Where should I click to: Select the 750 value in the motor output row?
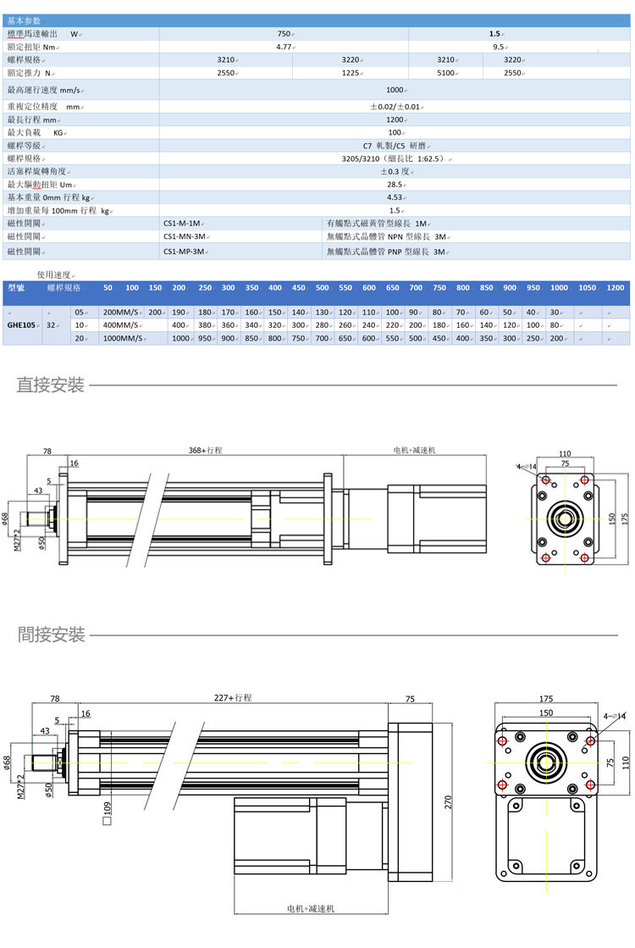(x=283, y=34)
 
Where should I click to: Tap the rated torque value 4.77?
(x=284, y=47)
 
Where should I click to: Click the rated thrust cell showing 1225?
(x=351, y=74)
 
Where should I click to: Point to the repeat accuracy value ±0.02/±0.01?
(x=395, y=107)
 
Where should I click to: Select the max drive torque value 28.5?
(x=395, y=184)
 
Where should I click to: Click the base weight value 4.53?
(x=395, y=197)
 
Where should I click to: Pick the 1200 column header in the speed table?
(x=615, y=288)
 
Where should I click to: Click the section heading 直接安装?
(x=51, y=386)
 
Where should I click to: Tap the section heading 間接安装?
(x=51, y=635)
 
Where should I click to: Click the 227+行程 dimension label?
(x=233, y=698)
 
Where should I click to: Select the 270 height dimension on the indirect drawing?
(x=447, y=800)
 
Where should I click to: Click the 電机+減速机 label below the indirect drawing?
(x=311, y=908)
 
